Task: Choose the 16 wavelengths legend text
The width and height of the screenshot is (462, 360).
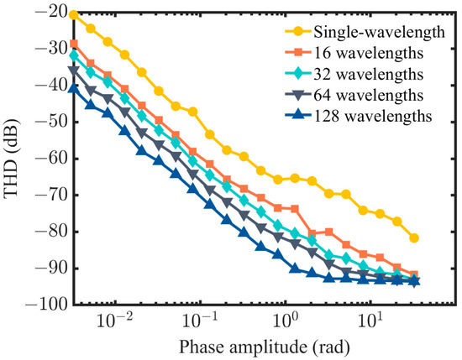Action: click(x=361, y=54)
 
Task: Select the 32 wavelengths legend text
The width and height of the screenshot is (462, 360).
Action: click(x=361, y=74)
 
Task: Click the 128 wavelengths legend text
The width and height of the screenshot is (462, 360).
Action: click(x=365, y=115)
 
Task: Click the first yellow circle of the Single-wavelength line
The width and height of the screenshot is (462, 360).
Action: click(x=74, y=15)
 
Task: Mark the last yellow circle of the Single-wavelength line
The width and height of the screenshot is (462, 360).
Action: click(x=414, y=238)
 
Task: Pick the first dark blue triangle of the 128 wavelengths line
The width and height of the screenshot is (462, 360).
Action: click(x=74, y=89)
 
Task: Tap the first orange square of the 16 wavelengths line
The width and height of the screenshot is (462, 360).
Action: click(x=74, y=44)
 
